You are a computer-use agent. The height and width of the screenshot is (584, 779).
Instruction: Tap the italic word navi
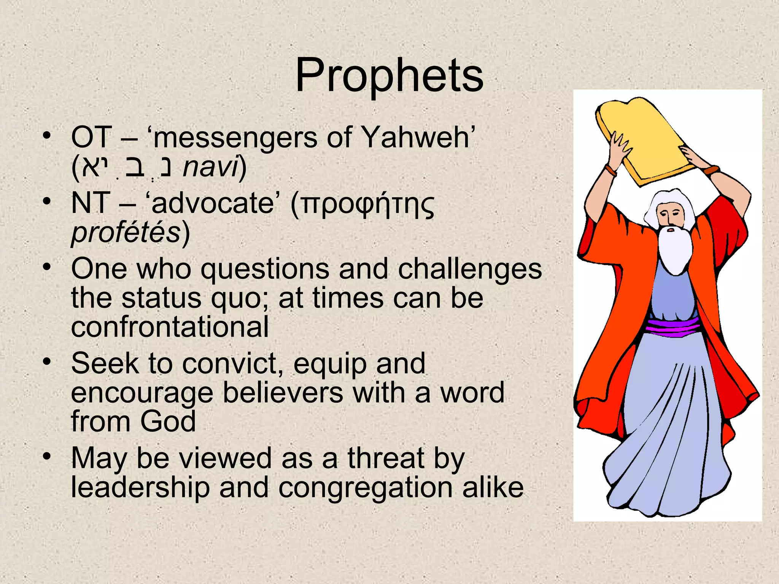[x=210, y=167]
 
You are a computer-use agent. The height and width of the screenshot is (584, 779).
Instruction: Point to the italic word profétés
[x=126, y=233]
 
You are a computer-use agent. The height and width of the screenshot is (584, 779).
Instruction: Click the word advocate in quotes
[x=213, y=203]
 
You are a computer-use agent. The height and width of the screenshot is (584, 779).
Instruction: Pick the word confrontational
[x=170, y=327]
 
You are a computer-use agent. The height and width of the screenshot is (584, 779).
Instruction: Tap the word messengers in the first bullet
[x=235, y=137]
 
